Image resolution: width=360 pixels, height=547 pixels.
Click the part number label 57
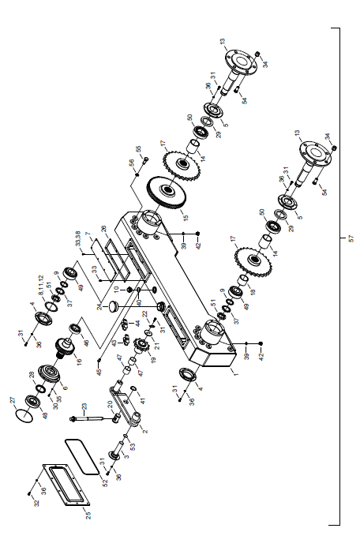point(351,238)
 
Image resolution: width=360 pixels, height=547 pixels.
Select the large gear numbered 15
point(167,193)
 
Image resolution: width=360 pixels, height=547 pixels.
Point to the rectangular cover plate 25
point(66,485)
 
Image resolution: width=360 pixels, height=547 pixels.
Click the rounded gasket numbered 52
point(82,456)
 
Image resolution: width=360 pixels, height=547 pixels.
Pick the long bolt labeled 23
point(92,418)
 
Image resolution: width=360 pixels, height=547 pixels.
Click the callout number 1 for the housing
point(235,374)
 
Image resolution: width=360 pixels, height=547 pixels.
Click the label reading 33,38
point(78,238)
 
